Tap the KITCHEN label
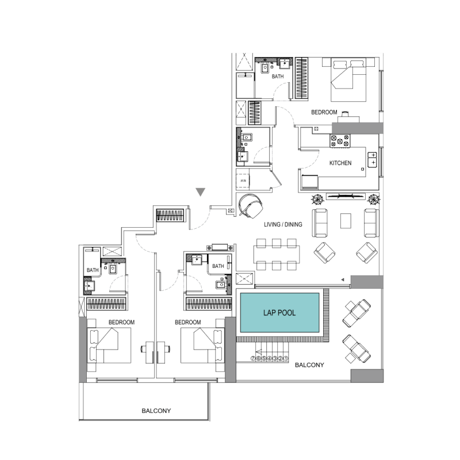340,163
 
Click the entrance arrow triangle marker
200,192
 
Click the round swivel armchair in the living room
250,205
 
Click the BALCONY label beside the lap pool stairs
309,365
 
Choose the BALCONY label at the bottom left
157,411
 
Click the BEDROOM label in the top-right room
324,112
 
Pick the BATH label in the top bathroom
278,76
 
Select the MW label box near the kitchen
243,182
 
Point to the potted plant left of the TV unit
317,200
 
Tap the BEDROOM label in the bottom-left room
121,323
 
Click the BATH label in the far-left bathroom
93,270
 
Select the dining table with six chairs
276,254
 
